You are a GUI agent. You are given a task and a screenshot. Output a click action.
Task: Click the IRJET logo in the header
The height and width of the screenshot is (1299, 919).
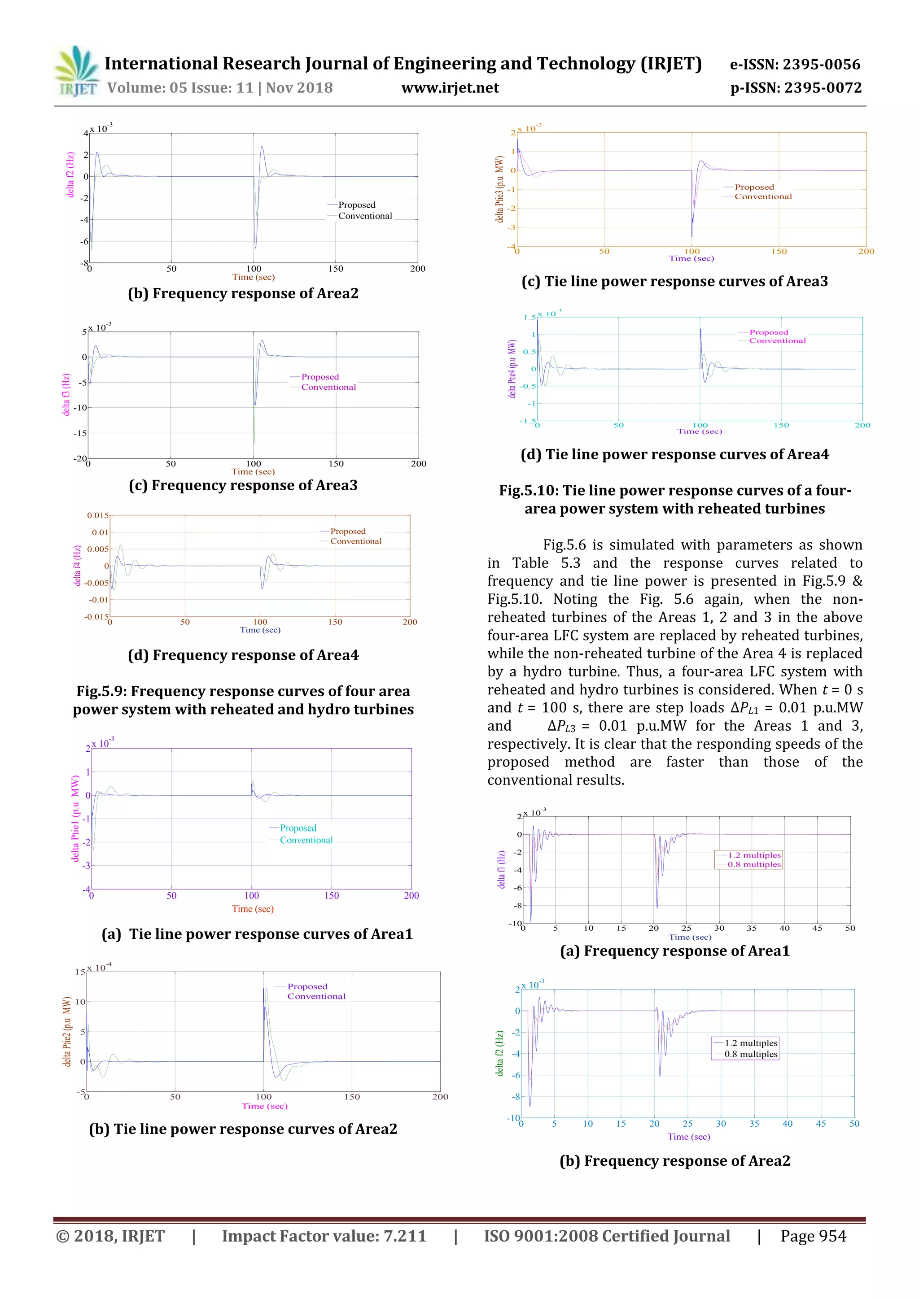[x=76, y=72]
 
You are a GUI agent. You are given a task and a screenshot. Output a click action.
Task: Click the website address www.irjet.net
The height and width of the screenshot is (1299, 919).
[x=450, y=88]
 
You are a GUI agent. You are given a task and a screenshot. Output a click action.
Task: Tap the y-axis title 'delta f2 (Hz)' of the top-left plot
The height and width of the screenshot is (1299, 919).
[x=70, y=175]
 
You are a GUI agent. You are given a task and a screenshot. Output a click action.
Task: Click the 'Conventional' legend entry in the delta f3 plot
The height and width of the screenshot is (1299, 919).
[x=328, y=388]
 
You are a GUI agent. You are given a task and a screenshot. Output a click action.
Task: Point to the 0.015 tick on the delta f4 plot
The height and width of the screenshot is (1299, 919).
[x=97, y=515]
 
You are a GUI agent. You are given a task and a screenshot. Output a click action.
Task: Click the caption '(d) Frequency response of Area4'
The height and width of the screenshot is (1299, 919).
[x=243, y=655]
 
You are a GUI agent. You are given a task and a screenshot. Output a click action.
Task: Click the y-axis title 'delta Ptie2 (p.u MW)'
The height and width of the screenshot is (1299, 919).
[x=67, y=1031]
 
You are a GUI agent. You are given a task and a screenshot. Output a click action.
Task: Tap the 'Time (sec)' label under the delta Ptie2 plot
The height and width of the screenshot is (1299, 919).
[x=264, y=1106]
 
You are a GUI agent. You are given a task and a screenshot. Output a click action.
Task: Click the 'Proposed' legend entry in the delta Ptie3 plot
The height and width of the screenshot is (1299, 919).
[x=754, y=187]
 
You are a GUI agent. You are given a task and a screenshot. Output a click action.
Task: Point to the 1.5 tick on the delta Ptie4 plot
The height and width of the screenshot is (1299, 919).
[x=529, y=318]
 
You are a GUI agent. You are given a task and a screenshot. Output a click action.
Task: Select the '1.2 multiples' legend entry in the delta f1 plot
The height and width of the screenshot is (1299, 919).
[x=754, y=855]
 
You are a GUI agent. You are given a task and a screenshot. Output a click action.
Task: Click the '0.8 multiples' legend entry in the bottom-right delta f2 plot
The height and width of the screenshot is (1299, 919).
[x=750, y=1054]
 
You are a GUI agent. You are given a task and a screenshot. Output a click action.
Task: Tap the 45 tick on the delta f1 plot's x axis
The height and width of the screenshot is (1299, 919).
[x=817, y=928]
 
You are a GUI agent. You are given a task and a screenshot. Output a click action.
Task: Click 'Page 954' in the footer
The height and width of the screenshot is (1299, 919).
[x=813, y=1236]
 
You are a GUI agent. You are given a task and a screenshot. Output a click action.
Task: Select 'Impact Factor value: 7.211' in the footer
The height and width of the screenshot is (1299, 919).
[x=324, y=1236]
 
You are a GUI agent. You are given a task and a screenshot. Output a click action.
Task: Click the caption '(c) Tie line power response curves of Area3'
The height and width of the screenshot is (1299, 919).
[x=674, y=282]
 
